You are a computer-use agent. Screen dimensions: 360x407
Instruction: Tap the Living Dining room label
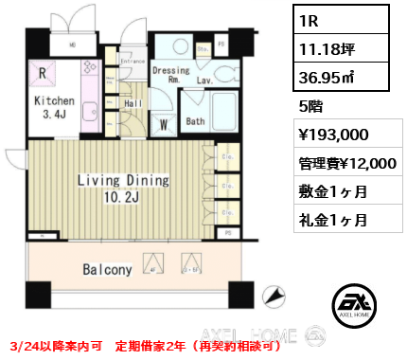point(122,180)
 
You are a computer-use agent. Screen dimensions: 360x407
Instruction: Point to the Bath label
point(194,121)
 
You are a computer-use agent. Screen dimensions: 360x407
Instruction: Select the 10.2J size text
point(123,197)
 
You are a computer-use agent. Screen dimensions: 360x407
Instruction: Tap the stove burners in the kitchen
point(92,68)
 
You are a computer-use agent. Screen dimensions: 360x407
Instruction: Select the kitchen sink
point(93,112)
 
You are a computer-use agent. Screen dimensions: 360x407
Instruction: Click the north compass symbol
point(275,297)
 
